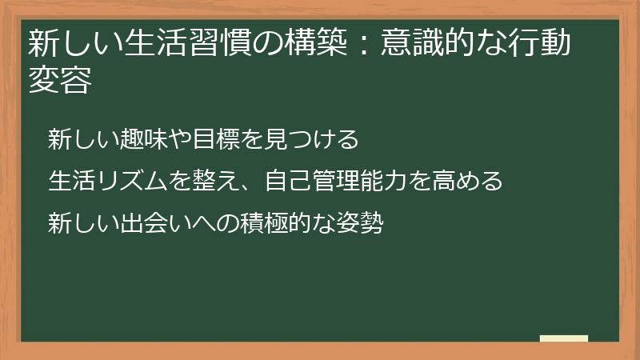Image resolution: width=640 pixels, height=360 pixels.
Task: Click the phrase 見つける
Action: point(310,139)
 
